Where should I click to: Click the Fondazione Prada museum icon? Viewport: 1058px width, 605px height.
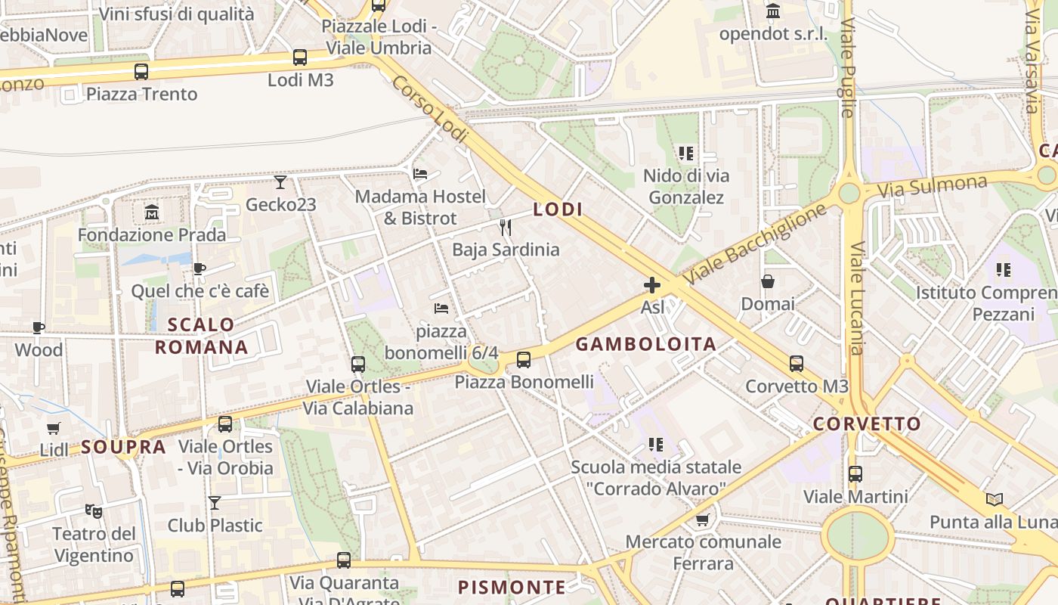click(x=152, y=213)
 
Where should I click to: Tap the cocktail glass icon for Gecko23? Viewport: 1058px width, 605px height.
click(x=280, y=182)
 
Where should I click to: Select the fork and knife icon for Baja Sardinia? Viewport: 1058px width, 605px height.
click(x=506, y=227)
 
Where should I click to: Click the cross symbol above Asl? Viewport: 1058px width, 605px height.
click(x=652, y=285)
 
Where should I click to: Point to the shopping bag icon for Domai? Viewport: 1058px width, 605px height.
click(x=768, y=281)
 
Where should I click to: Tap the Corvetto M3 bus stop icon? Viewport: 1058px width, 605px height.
click(x=797, y=364)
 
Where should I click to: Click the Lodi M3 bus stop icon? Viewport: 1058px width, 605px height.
click(x=300, y=57)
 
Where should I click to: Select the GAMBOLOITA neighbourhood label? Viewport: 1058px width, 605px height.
click(x=646, y=345)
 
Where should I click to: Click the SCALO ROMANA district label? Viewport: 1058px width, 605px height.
click(x=201, y=336)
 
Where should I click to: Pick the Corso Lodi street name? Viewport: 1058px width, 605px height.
click(x=425, y=106)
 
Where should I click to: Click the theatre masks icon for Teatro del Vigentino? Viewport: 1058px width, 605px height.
click(x=94, y=511)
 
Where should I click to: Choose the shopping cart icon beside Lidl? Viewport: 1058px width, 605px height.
click(x=53, y=429)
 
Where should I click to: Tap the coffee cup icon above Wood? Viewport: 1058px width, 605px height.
click(x=38, y=327)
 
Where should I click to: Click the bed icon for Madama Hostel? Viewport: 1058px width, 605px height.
click(x=420, y=174)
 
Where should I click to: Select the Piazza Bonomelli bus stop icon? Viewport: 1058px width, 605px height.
click(x=524, y=360)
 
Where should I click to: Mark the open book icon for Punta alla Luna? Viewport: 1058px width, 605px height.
click(x=995, y=499)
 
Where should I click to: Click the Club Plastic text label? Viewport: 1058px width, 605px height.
click(x=215, y=526)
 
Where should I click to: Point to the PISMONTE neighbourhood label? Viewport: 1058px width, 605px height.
click(x=512, y=588)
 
